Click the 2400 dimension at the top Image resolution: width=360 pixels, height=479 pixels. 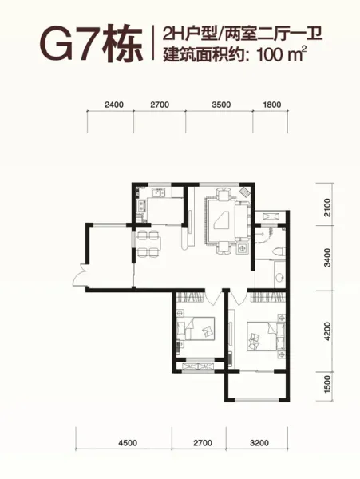pyautogui.click(x=114, y=105)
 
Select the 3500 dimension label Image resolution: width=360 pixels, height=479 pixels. pyautogui.click(x=221, y=105)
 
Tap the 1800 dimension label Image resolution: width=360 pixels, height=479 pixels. pyautogui.click(x=271, y=105)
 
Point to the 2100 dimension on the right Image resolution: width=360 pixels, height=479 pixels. pyautogui.click(x=326, y=208)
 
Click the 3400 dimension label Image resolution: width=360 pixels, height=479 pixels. pyautogui.click(x=326, y=258)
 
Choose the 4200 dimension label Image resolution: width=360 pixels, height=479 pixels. pyautogui.click(x=326, y=331)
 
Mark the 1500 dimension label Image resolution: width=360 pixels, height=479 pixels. pyautogui.click(x=326, y=384)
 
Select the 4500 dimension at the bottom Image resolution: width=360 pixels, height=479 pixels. pyautogui.click(x=128, y=442)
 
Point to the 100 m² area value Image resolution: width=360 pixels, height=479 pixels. pyautogui.click(x=282, y=55)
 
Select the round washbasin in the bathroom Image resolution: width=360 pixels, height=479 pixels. pyautogui.click(x=279, y=278)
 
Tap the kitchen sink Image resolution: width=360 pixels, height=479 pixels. pyautogui.click(x=159, y=192)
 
